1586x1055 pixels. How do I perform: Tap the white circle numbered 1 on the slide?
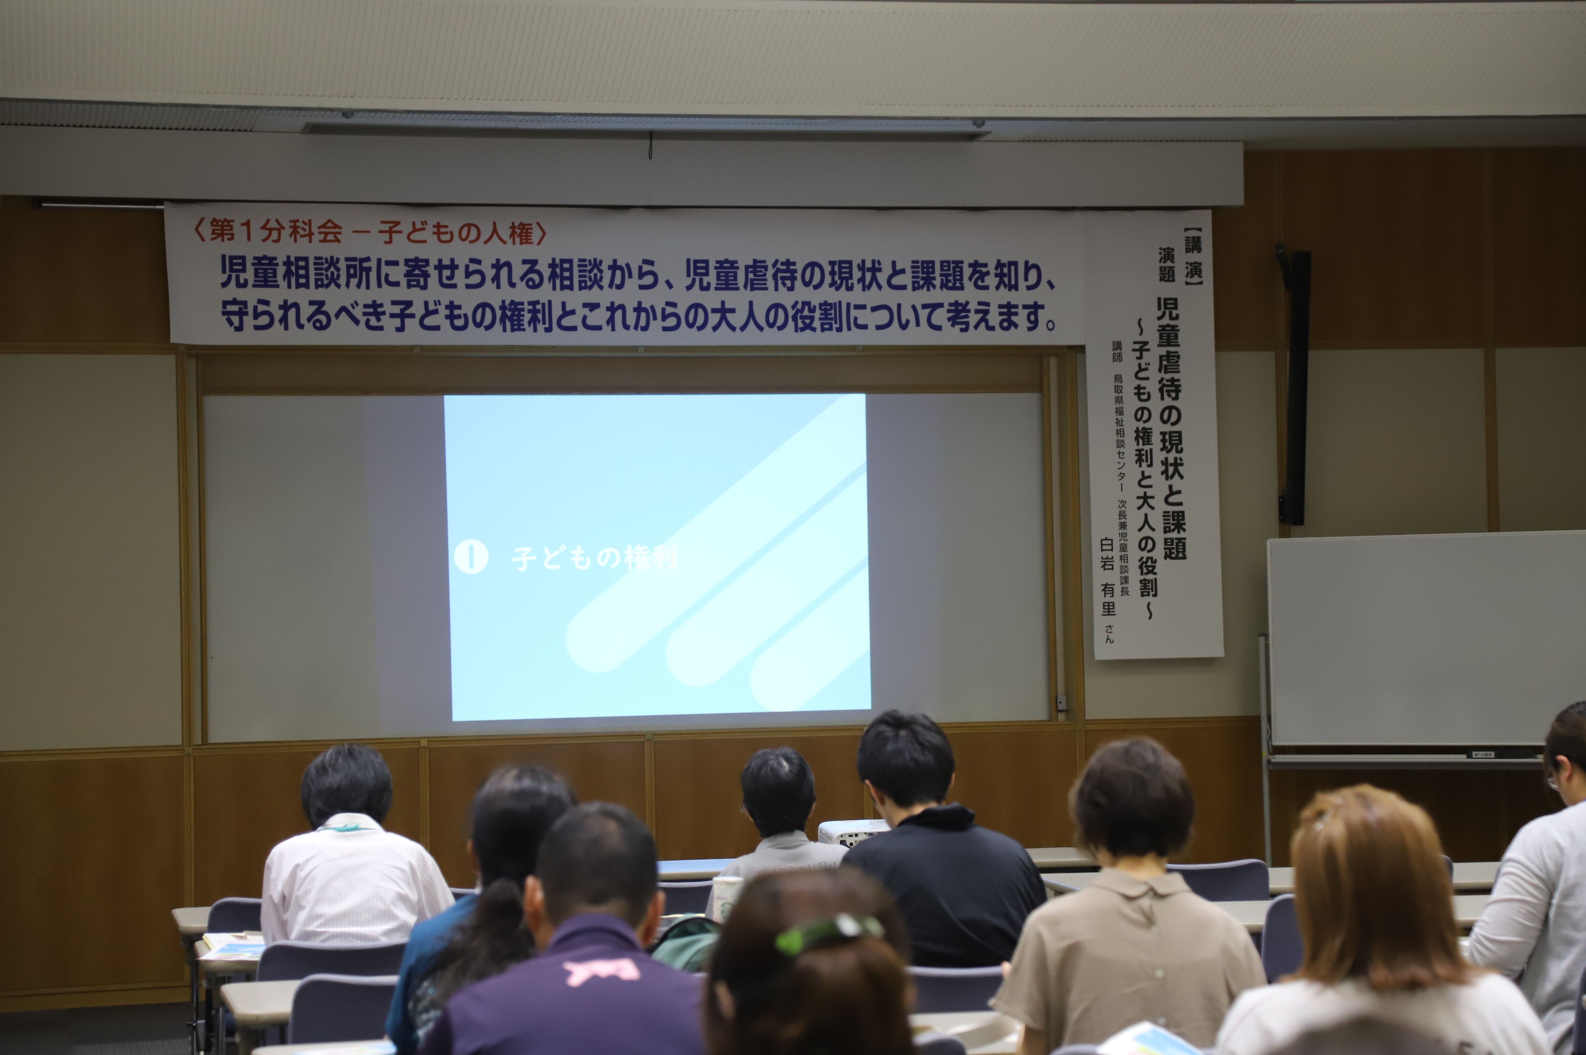pos(471,557)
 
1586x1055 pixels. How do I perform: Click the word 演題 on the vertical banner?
pos(1167,265)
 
